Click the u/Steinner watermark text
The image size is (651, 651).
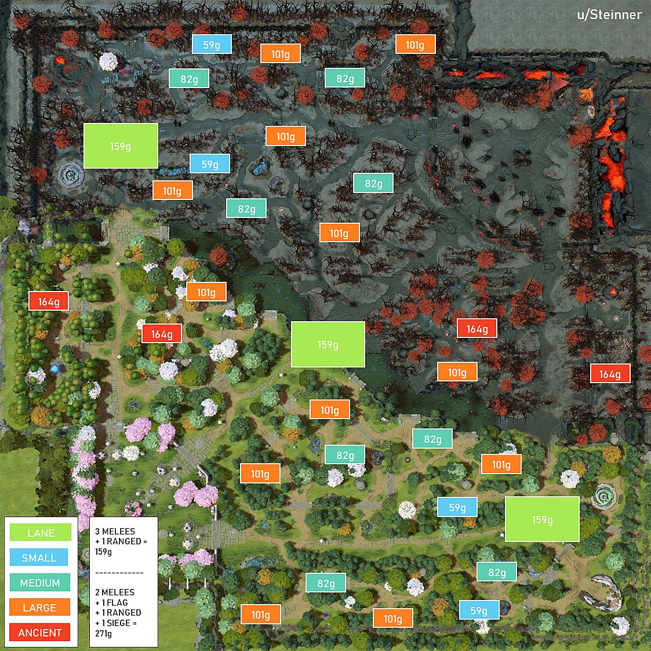point(609,14)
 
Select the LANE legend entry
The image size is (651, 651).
point(41,533)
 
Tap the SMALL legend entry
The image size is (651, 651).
point(39,558)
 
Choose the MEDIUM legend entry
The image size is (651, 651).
point(40,583)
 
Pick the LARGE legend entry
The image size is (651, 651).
point(39,608)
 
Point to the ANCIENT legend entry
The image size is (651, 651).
point(39,632)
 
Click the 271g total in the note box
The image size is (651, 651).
point(104,634)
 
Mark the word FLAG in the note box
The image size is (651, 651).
point(117,602)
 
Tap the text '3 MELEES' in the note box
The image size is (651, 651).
point(115,531)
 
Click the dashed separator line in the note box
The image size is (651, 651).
point(119,573)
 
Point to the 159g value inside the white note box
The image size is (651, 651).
point(104,551)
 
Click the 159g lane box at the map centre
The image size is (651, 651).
point(328,344)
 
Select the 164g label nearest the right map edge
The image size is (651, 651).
point(610,374)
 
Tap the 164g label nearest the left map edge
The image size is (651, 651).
point(49,301)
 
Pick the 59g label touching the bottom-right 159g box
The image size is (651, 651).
point(457,507)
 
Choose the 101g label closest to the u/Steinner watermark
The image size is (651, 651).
point(415,45)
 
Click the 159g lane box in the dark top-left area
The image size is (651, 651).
point(121,146)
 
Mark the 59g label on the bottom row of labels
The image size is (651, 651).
point(479,610)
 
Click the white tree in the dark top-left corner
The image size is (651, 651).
point(108,61)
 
